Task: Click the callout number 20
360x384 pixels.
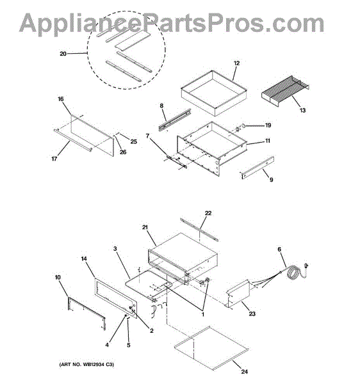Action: [63, 54]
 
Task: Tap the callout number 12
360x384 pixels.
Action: [236, 63]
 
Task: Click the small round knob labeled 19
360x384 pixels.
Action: [243, 125]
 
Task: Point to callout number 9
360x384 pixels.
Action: [272, 180]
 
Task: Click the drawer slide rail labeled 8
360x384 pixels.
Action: [175, 120]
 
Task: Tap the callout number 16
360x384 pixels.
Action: [60, 99]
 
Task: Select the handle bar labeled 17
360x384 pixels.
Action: [73, 140]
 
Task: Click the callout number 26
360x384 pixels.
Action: [123, 152]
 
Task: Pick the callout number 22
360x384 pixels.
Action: [208, 213]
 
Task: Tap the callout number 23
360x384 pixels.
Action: [252, 314]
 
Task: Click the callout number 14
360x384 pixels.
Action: [84, 259]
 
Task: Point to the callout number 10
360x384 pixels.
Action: [58, 277]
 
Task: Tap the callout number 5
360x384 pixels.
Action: [129, 345]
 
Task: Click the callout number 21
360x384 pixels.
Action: [145, 227]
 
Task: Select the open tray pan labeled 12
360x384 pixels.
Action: [214, 93]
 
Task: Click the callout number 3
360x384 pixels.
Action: [115, 249]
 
